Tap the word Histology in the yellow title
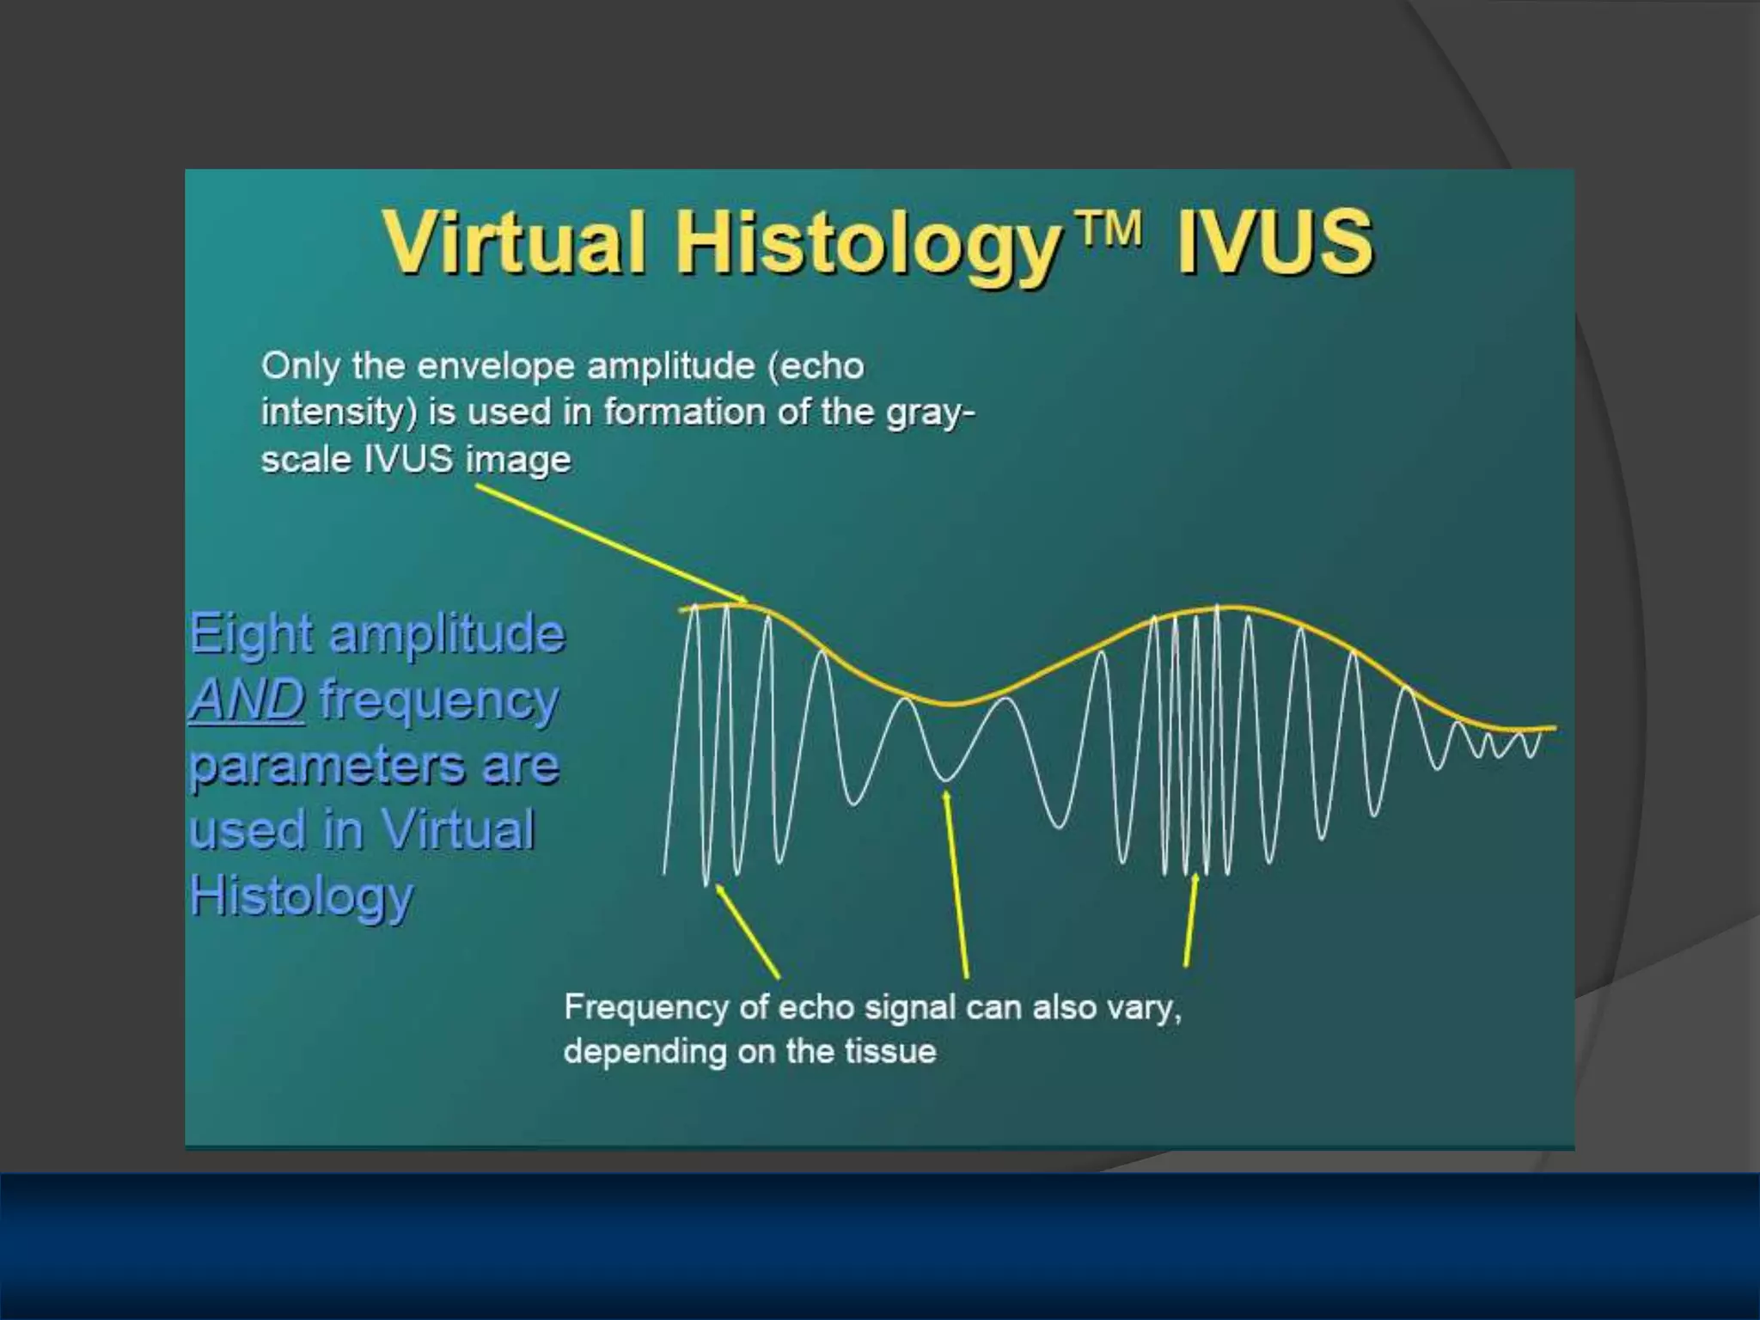tap(866, 244)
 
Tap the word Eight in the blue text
tap(250, 635)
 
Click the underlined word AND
tap(247, 700)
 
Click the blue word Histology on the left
tap(301, 896)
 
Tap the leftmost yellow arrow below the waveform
tap(748, 932)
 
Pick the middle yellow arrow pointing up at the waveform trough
tap(956, 885)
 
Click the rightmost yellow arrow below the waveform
tap(1190, 920)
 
